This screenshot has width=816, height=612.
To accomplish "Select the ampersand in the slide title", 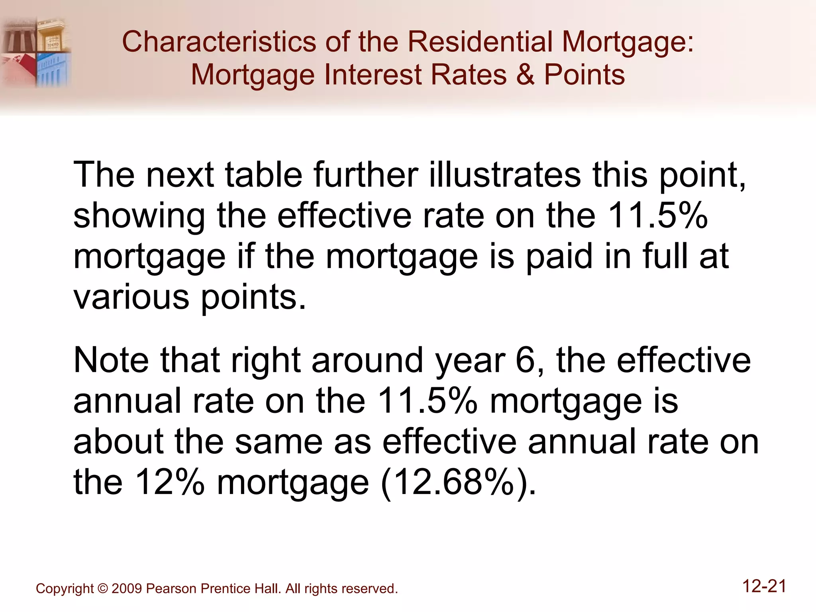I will (525, 75).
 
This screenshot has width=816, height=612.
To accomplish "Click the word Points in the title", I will (585, 75).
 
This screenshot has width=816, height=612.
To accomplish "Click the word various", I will (131, 297).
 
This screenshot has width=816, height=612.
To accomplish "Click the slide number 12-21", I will (764, 586).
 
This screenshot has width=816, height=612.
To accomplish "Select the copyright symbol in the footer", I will (102, 589).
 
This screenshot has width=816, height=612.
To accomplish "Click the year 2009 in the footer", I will (127, 589).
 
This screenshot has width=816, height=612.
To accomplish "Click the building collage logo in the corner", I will (36, 52).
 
